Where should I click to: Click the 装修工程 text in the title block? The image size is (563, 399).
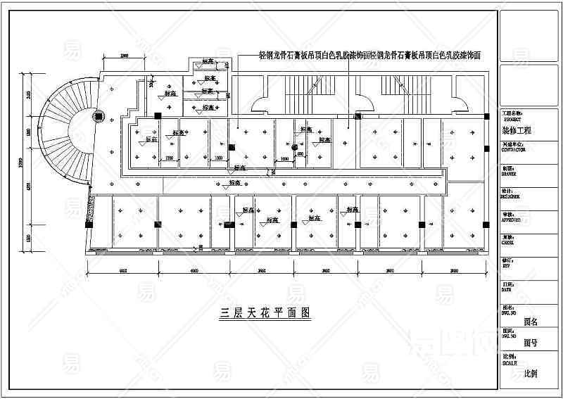pos(517,131)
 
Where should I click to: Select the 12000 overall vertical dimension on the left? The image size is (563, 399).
pos(21,163)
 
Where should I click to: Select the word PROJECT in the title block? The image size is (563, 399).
pos(512,120)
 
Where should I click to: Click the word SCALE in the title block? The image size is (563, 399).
pos(509,363)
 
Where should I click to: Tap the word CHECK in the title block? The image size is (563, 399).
pos(507,243)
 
